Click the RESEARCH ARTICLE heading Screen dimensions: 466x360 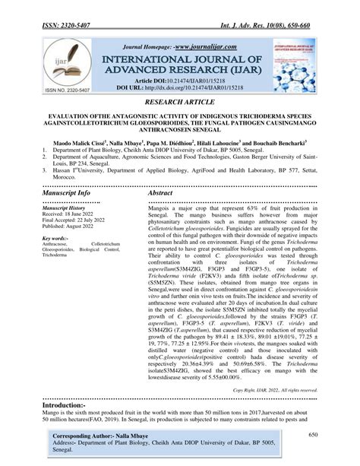click(x=179, y=100)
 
